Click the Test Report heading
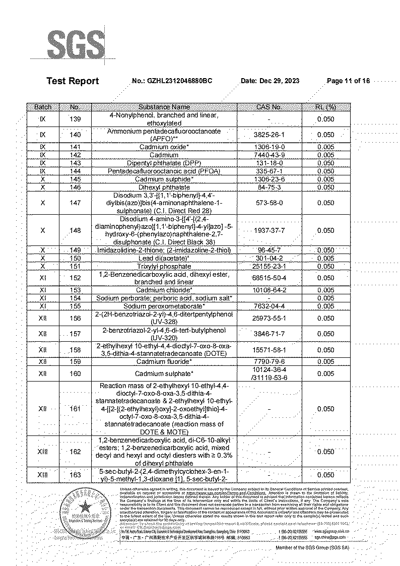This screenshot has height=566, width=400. click(73, 81)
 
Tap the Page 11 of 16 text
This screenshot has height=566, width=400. click(348, 81)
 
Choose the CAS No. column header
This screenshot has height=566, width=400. click(270, 107)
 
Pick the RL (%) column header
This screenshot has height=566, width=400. click(326, 107)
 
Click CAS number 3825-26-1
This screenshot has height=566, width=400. click(270, 135)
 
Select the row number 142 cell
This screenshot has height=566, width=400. click(75, 155)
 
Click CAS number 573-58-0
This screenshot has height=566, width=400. click(270, 203)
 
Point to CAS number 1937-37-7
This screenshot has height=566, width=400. click(270, 231)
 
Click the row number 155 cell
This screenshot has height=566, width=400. click(75, 306)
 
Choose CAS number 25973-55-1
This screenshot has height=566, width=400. click(270, 319)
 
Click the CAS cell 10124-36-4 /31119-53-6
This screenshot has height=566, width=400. click(270, 374)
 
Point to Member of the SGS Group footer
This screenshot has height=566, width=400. click(312, 548)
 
